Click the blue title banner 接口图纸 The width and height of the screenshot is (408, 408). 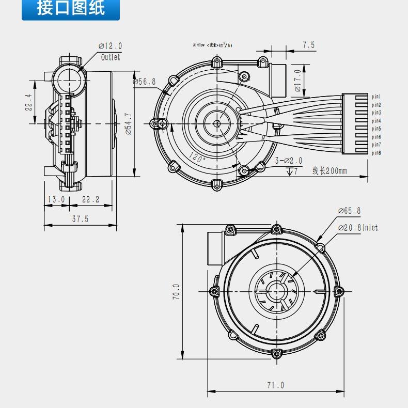tap(70, 9)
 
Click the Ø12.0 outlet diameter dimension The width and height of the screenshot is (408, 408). tap(110, 46)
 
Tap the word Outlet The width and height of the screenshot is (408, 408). tap(111, 57)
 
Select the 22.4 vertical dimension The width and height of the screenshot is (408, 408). tap(29, 102)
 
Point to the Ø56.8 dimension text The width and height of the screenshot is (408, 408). tap(144, 82)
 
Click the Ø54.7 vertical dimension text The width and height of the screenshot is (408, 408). tap(129, 123)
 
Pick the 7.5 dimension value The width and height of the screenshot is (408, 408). tap(308, 45)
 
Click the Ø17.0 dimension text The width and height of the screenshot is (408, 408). tap(297, 81)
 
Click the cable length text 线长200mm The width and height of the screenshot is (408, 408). tap(329, 171)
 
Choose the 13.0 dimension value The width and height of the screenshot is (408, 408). tap(56, 199)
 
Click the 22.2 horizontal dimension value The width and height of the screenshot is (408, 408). tap(90, 199)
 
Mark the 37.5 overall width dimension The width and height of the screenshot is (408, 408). tap(80, 219)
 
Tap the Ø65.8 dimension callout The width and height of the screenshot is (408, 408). tap(349, 211)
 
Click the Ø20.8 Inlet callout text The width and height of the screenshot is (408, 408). tap(357, 227)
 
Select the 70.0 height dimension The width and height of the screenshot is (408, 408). tap(176, 292)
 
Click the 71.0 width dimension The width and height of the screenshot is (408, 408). tap(275, 385)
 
